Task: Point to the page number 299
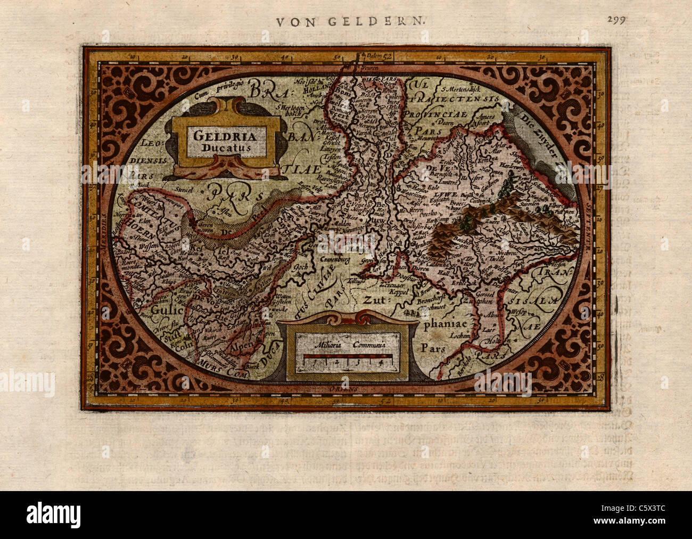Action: point(616,20)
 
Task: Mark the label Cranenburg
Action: point(339,261)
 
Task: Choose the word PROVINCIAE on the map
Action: point(434,115)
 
